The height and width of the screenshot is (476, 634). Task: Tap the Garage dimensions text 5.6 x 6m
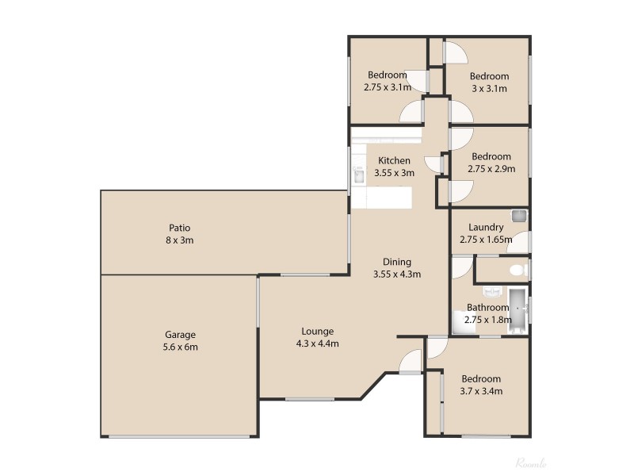point(180,347)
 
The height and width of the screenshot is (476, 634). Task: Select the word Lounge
point(317,332)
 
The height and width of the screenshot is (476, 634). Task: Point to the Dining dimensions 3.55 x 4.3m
point(396,274)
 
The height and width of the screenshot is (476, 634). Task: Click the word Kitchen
point(394,160)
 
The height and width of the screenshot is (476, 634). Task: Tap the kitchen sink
point(358,175)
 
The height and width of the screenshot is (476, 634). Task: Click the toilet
point(518,271)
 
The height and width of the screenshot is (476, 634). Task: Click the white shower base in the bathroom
point(462,321)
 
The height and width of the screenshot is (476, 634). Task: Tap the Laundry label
point(486,227)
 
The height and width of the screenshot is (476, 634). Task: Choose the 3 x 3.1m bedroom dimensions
point(489,88)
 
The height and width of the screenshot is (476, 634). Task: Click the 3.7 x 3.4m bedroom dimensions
point(481,390)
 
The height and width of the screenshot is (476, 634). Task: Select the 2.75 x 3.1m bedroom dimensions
point(386,87)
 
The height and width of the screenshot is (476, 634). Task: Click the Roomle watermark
point(531,463)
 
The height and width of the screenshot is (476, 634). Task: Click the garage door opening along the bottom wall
point(178,436)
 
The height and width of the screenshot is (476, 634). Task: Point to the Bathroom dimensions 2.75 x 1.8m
point(487,319)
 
